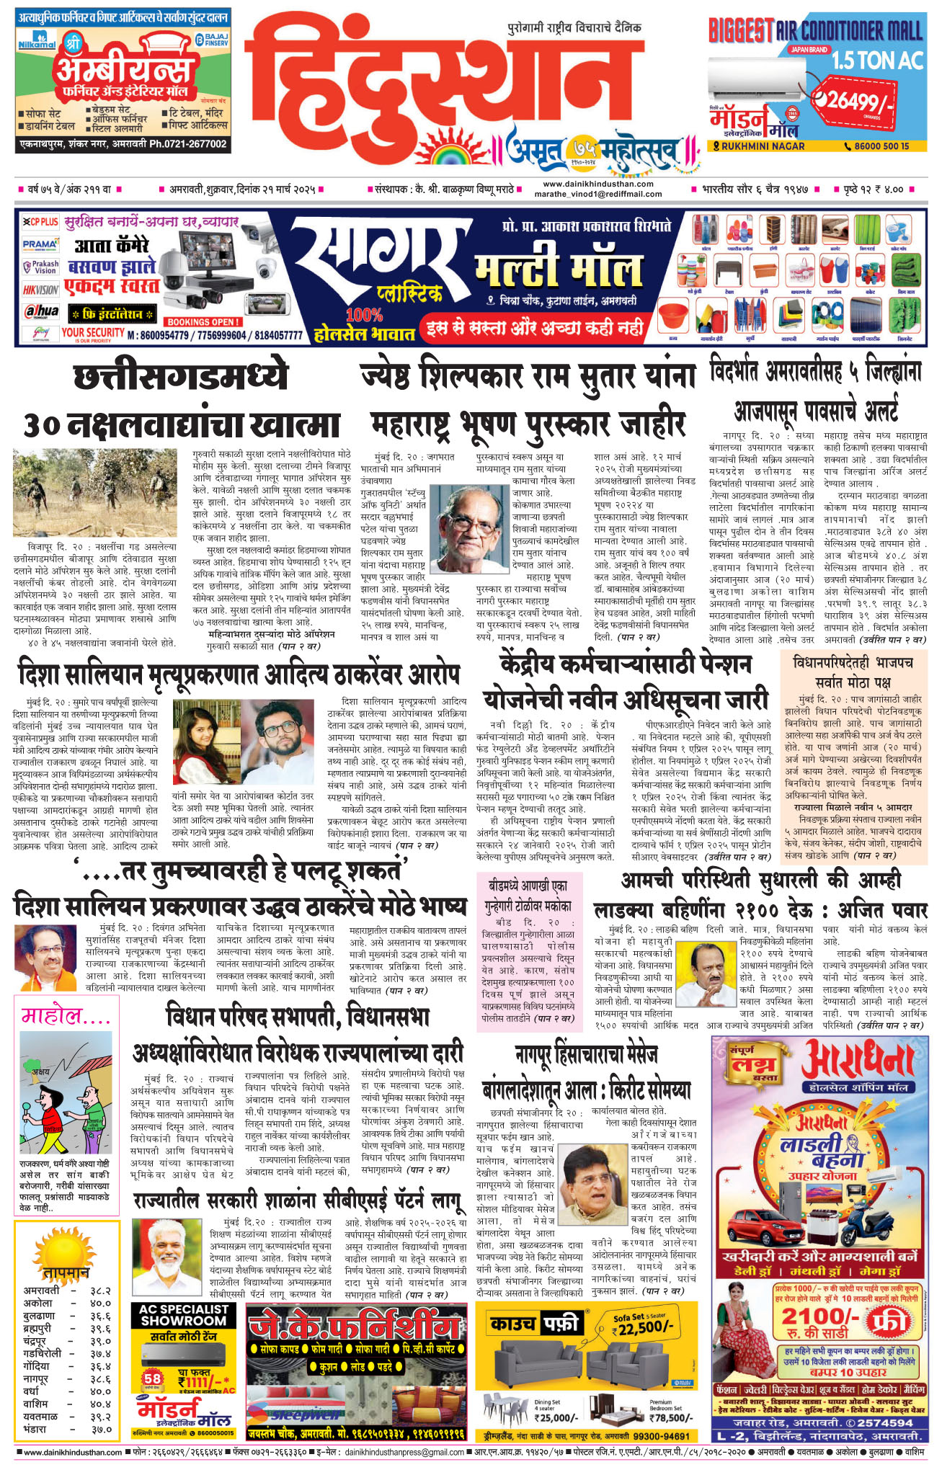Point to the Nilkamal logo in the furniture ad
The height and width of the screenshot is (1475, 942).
coord(36,43)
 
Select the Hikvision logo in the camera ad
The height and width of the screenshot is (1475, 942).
coord(40,290)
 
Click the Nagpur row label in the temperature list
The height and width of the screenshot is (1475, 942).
coord(36,1378)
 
